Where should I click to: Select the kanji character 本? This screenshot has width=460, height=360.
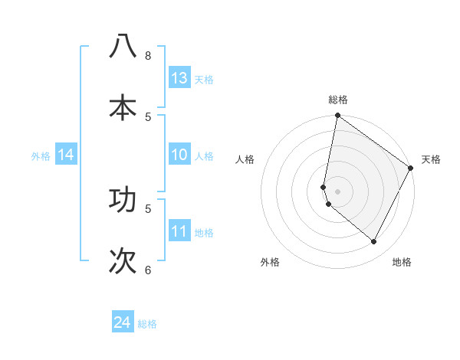(x=123, y=107)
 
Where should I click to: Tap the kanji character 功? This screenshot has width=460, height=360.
(x=123, y=199)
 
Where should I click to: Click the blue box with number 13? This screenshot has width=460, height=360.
(x=179, y=78)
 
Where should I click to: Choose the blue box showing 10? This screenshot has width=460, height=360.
(x=179, y=155)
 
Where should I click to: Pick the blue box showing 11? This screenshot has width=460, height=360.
(x=179, y=232)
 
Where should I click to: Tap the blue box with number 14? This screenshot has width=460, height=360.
(x=66, y=155)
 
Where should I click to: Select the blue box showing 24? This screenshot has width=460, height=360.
(x=123, y=322)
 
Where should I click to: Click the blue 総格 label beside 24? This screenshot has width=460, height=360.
(x=147, y=324)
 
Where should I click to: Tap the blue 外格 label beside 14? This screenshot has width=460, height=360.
(x=41, y=156)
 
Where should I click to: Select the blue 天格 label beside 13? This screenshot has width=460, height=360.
(x=204, y=80)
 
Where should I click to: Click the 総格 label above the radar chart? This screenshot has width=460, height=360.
(x=338, y=100)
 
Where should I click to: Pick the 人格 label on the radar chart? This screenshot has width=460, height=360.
(x=245, y=159)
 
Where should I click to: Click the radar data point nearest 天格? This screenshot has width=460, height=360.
(x=411, y=169)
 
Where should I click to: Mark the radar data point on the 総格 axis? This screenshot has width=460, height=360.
(x=337, y=116)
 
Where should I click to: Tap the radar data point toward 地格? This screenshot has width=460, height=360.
(x=373, y=242)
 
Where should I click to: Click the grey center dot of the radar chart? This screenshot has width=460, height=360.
(x=337, y=191)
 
